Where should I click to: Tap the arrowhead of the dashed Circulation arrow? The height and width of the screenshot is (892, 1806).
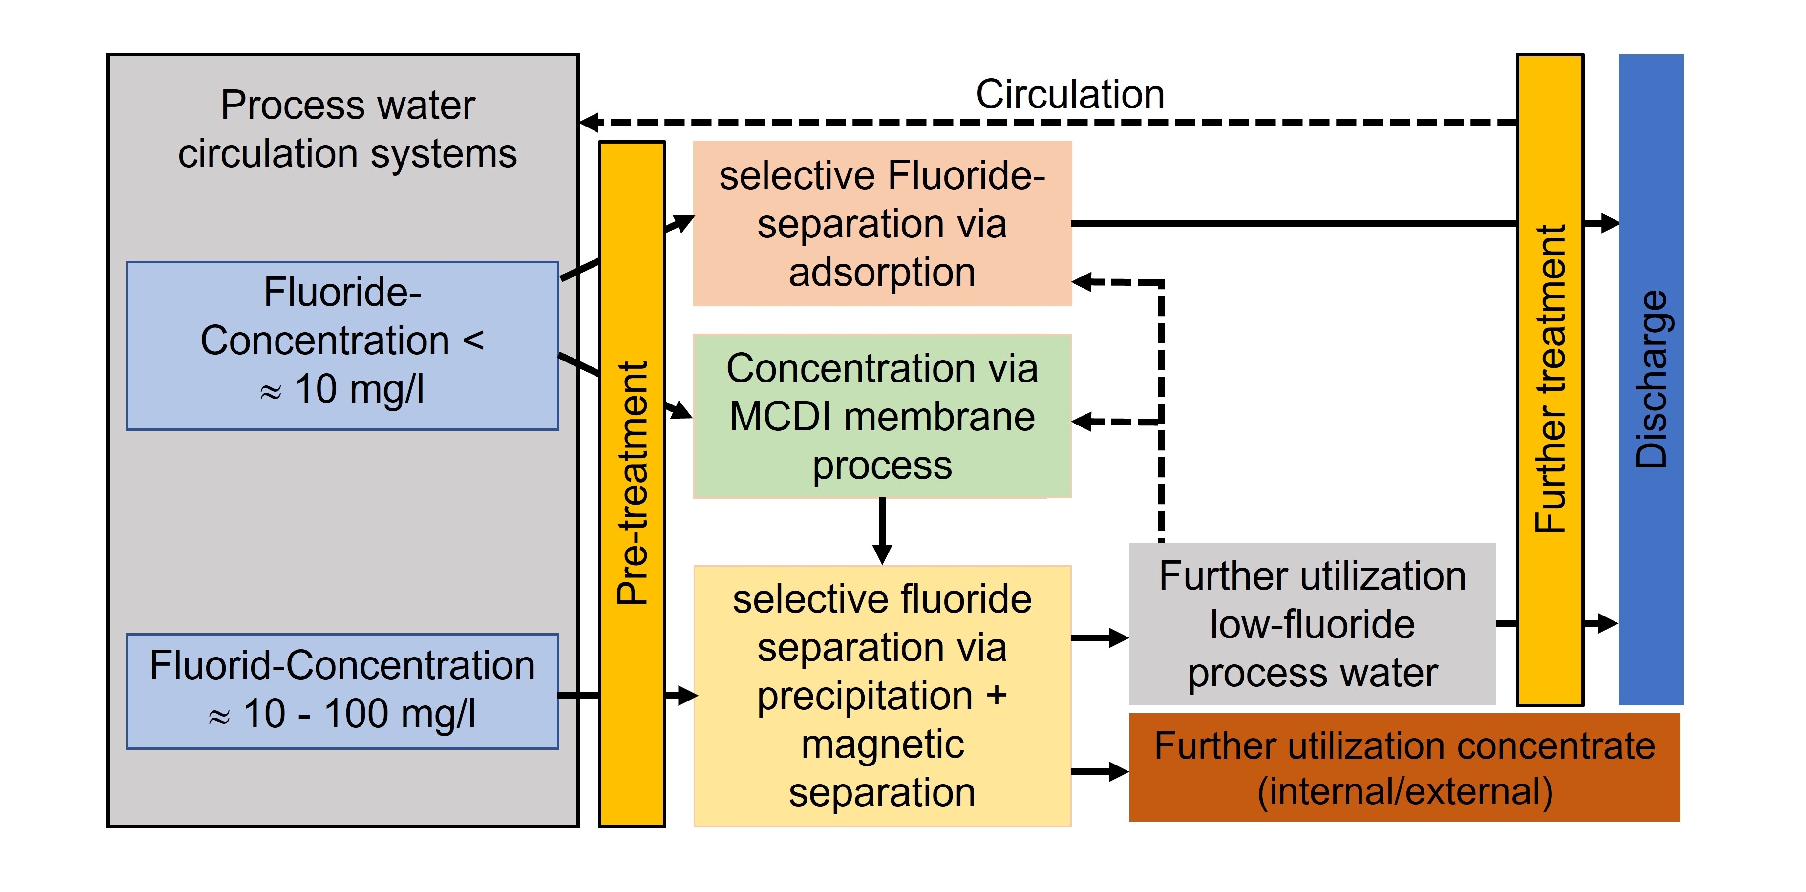(x=590, y=123)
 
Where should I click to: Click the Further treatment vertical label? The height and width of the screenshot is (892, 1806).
(x=1550, y=379)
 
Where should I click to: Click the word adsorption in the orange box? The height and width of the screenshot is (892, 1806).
(x=882, y=272)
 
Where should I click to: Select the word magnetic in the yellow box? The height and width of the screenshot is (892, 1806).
(x=882, y=744)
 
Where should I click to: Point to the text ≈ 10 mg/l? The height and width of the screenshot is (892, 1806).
(x=342, y=389)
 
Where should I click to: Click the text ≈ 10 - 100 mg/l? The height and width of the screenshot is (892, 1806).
(x=342, y=715)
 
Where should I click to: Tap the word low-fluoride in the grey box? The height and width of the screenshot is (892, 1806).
(x=1312, y=624)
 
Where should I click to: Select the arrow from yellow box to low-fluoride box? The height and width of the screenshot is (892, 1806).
(x=1101, y=638)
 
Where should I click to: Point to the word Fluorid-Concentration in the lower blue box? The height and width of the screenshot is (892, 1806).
(x=342, y=665)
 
